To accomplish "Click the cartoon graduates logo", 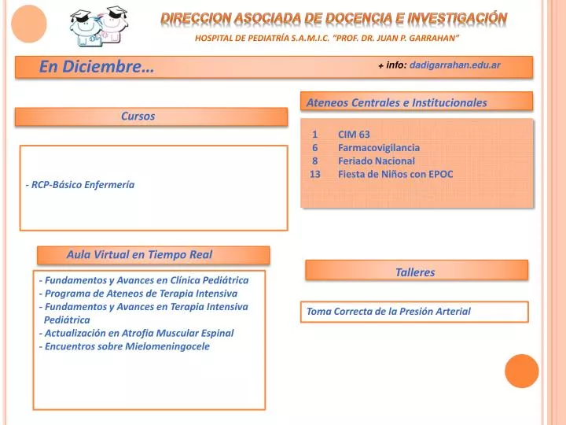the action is click(x=98, y=26).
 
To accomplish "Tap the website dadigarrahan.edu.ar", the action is click(x=455, y=65).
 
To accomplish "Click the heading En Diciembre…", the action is click(x=97, y=66).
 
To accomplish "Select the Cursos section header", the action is click(x=138, y=116).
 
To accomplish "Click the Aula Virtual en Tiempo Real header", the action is click(x=139, y=255).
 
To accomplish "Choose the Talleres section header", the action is click(x=415, y=272).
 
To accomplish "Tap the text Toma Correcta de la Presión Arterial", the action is click(x=388, y=311).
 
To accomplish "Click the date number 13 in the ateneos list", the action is click(x=314, y=174).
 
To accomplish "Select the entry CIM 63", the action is click(x=354, y=135).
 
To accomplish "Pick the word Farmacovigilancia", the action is click(x=379, y=148).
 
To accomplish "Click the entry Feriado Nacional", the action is click(x=376, y=161).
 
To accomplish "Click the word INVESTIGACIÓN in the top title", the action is click(x=458, y=18).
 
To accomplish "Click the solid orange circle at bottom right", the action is click(x=522, y=371).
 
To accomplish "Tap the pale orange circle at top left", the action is click(x=29, y=24).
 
